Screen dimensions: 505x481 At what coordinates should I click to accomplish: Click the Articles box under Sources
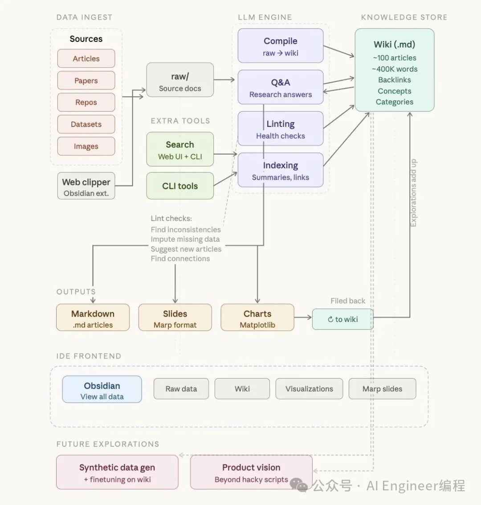click(86, 58)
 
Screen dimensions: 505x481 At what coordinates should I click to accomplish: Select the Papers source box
click(86, 81)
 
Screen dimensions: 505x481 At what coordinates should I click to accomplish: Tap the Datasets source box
click(86, 124)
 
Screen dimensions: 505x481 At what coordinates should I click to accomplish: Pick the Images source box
click(86, 146)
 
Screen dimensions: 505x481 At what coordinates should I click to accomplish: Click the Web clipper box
click(86, 186)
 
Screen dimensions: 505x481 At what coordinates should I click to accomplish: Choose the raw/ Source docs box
click(180, 80)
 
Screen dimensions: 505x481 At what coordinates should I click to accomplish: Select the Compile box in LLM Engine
click(280, 46)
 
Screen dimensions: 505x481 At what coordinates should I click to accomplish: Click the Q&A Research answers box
click(280, 87)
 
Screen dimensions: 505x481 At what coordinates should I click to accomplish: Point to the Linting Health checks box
click(280, 129)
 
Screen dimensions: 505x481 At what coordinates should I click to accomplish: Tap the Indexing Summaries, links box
click(280, 170)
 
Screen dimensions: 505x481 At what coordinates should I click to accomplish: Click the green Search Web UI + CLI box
click(180, 150)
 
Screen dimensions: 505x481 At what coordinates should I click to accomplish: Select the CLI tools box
click(180, 186)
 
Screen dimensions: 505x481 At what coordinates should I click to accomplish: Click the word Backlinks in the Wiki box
click(395, 80)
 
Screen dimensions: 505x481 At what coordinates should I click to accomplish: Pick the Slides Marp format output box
click(175, 318)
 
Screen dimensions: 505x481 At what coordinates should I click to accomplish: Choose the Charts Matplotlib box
click(257, 318)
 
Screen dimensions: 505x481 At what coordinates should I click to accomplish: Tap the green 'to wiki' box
click(342, 319)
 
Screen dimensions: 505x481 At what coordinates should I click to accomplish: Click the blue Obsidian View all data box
click(102, 390)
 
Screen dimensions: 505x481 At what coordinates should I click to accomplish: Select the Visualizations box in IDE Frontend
click(309, 389)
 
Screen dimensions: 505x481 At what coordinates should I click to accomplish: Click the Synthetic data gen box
click(117, 472)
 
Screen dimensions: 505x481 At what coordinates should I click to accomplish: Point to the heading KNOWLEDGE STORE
click(404, 17)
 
